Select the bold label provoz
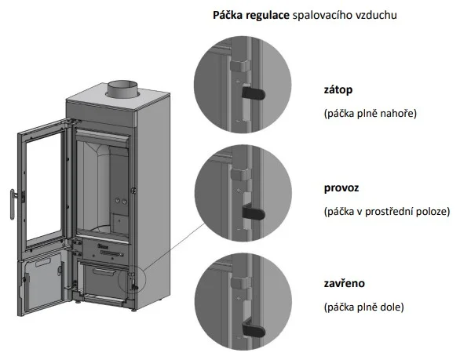[x=340, y=189]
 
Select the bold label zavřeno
[x=343, y=282]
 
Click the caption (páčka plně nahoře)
[x=370, y=113]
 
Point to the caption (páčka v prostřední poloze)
[x=385, y=212]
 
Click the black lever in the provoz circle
[x=253, y=211]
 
